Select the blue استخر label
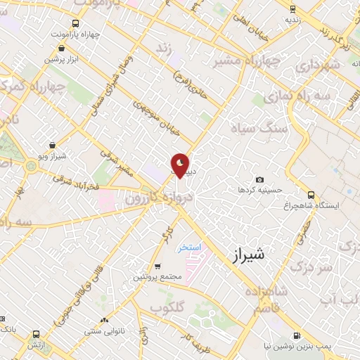pos(189,247)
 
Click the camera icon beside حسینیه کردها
pos(260,180)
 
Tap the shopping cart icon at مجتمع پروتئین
pos(157,266)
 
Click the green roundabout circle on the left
pos(31,166)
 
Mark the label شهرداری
pos(319,66)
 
